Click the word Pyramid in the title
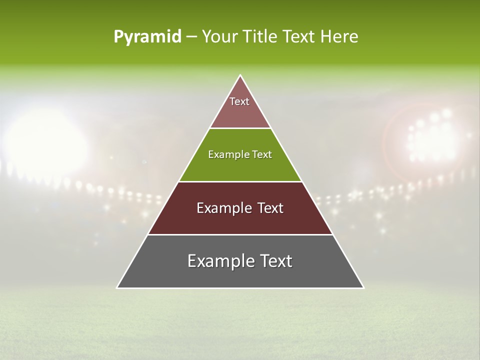pyautogui.click(x=147, y=37)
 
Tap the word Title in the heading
pyautogui.click(x=263, y=37)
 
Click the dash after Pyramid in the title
pyautogui.click(x=191, y=37)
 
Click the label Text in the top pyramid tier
pyautogui.click(x=239, y=101)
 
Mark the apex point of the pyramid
pyautogui.click(x=240, y=75)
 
